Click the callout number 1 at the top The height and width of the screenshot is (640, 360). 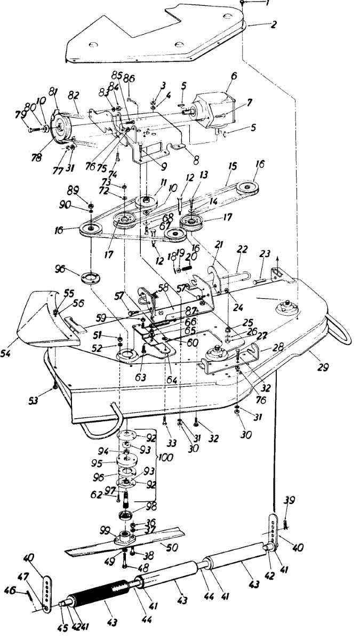268,3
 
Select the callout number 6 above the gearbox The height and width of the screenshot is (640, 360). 232,76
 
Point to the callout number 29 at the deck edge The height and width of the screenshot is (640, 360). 323,367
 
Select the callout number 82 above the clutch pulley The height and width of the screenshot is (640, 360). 73,95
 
